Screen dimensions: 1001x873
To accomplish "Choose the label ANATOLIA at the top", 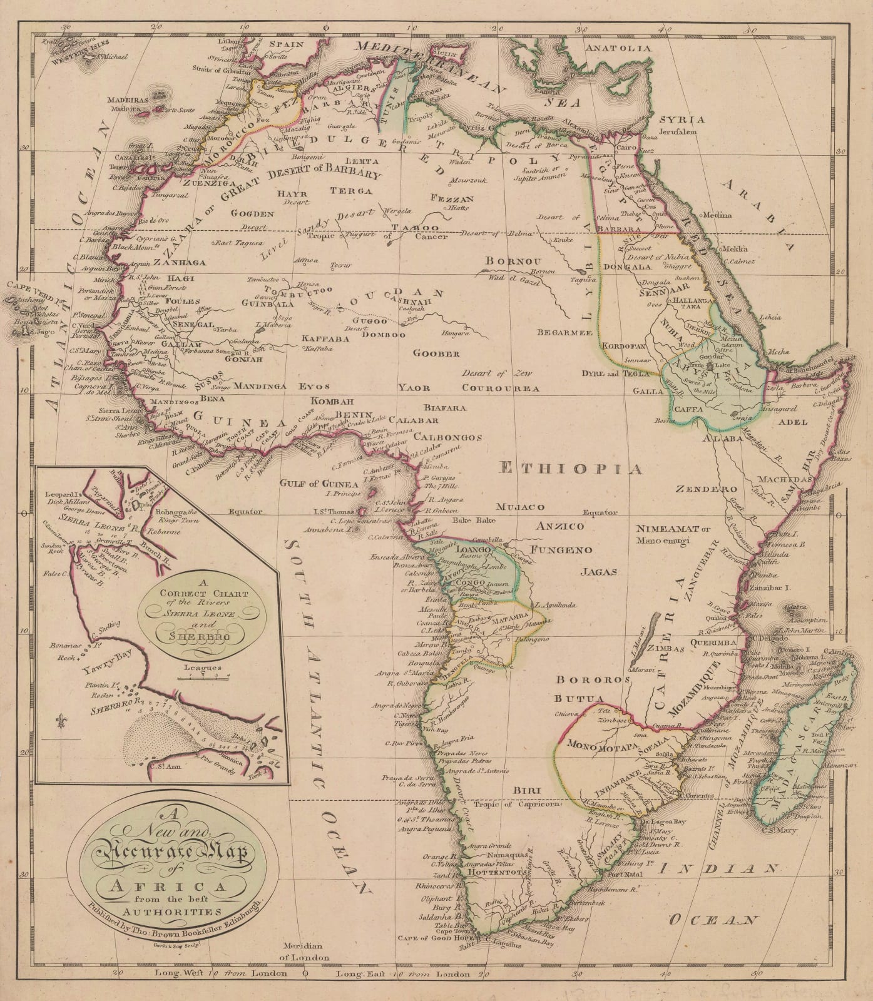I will (618, 48).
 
